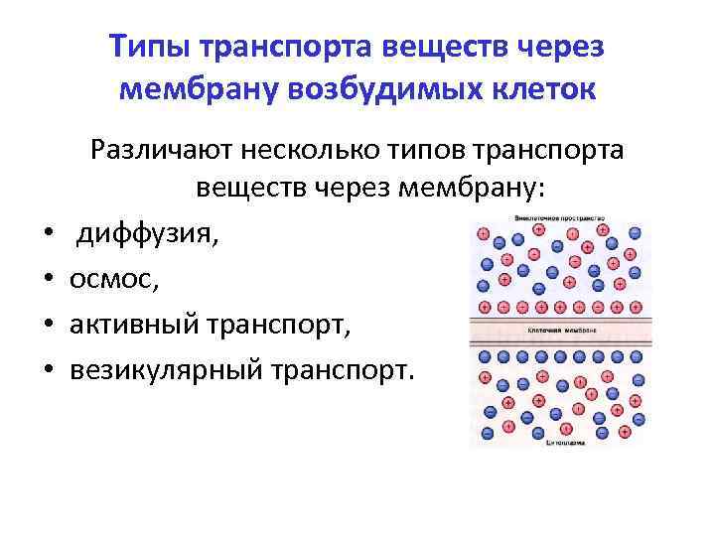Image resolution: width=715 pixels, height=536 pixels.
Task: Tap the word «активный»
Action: pyautogui.click(x=134, y=325)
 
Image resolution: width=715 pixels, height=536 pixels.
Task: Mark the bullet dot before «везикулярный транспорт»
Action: pyautogui.click(x=48, y=370)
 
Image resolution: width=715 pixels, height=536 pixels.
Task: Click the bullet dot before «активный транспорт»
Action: pyautogui.click(x=48, y=326)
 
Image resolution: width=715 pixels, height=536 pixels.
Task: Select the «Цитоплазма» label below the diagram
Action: pyautogui.click(x=556, y=444)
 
